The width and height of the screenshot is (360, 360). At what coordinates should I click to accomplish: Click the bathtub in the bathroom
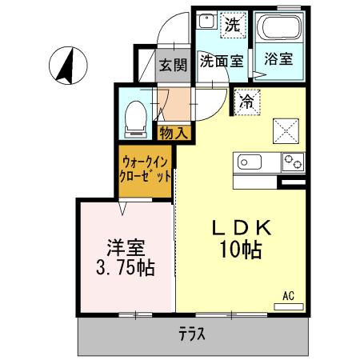[279, 31]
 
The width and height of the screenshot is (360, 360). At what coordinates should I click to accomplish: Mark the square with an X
[286, 128]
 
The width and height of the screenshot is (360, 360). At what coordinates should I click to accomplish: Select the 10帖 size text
[242, 250]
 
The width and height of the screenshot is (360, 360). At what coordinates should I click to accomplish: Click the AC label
[288, 296]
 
